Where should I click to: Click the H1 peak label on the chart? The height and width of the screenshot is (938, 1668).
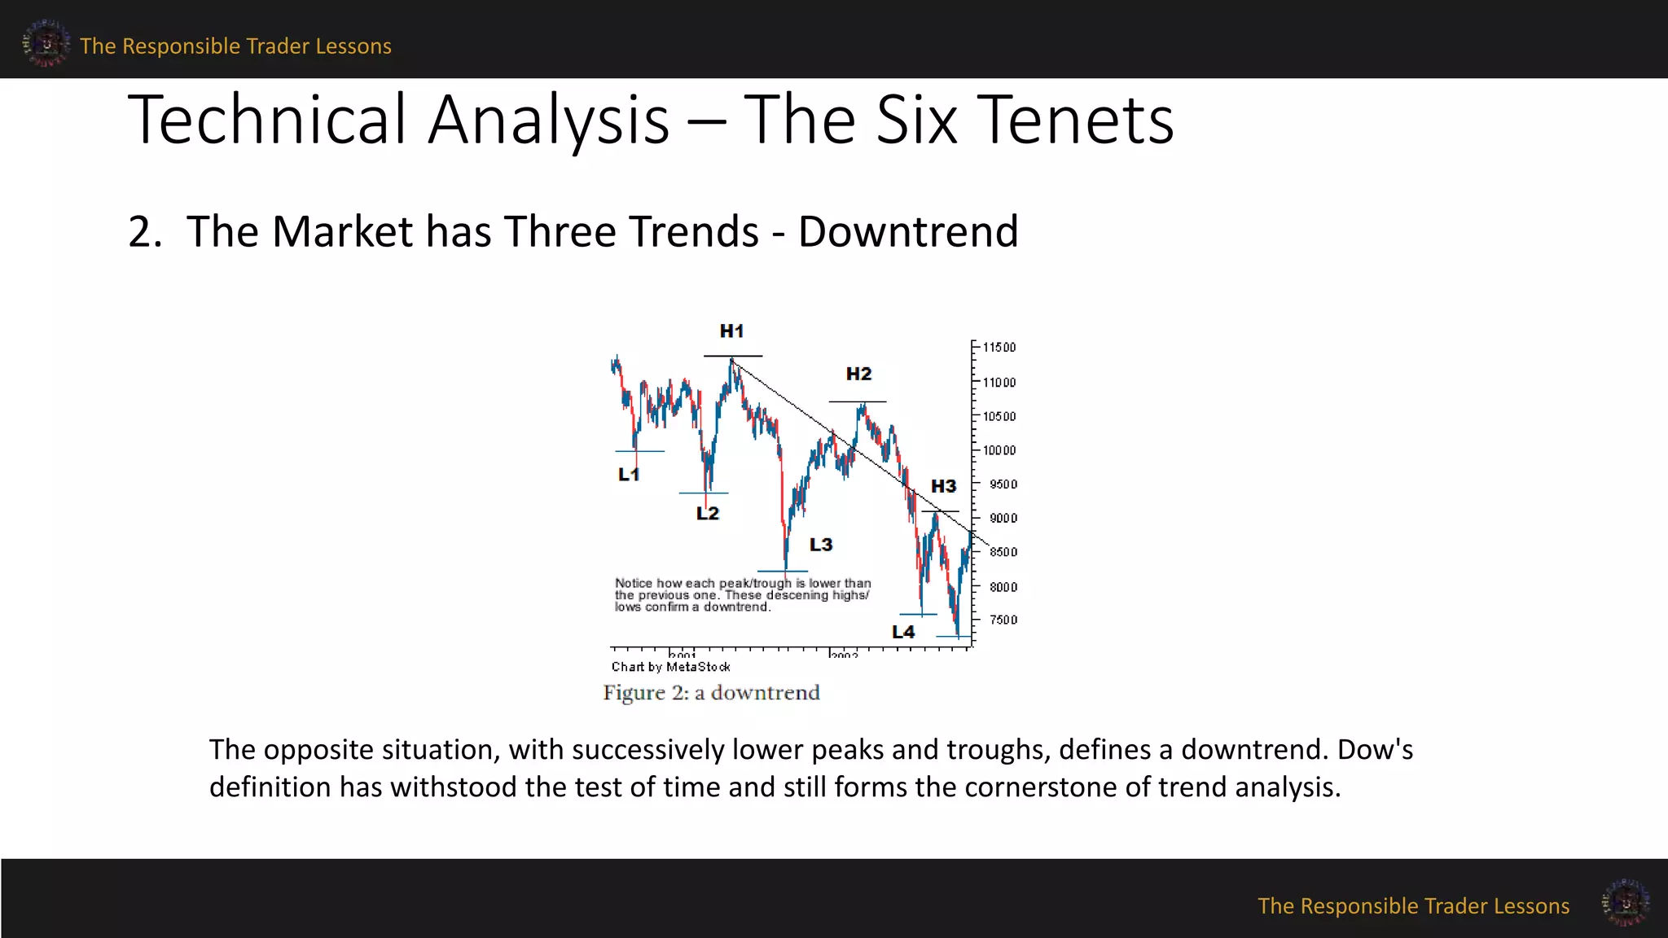[731, 331]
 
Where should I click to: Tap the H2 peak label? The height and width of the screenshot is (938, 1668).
[858, 374]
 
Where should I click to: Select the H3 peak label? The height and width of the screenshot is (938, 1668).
[943, 486]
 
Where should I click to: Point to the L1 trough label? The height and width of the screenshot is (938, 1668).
[629, 474]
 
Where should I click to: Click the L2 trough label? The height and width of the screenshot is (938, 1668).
[708, 513]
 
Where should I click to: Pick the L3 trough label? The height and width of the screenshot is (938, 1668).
[821, 545]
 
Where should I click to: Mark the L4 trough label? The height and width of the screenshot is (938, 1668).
[903, 632]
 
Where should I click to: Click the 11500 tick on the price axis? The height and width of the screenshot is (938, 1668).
[999, 348]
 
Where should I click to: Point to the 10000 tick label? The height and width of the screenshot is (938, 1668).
[999, 450]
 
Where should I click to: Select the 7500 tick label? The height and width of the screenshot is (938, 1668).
[1003, 620]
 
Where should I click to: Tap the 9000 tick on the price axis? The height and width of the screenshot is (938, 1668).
[1003, 518]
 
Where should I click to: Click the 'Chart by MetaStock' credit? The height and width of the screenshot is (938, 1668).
[670, 667]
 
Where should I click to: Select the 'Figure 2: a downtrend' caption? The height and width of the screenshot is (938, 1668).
[711, 693]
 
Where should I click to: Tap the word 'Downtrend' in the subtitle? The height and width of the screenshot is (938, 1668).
[908, 231]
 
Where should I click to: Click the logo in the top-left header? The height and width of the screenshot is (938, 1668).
[46, 43]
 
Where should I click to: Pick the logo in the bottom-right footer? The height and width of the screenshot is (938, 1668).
[1626, 902]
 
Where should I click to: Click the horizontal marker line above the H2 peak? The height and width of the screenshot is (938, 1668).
[858, 401]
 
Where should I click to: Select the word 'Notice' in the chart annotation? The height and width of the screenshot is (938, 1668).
[633, 583]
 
